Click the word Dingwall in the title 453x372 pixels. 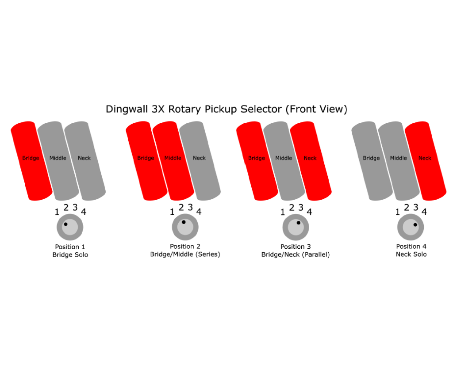point(127,110)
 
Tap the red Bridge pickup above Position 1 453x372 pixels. point(31,161)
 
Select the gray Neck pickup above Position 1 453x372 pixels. point(85,161)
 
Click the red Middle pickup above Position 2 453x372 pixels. point(173,161)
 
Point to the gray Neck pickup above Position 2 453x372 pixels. point(200,161)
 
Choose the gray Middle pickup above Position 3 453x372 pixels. point(284,161)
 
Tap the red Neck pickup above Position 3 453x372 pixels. point(311,161)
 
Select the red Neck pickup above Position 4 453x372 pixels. point(426,161)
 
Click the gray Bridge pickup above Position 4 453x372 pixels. point(372,161)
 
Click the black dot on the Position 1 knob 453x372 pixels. point(65,224)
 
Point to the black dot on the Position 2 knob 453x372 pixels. point(184,222)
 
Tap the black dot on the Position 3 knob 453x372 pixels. point(299,223)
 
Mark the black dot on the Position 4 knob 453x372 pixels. point(415,224)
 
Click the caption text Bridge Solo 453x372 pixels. point(70,255)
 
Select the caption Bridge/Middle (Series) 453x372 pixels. point(185,254)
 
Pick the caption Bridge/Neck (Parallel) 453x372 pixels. point(296,254)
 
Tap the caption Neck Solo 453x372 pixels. point(411,254)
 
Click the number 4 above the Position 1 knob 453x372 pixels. point(84,212)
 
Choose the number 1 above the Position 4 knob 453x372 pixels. point(398,212)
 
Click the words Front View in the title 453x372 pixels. point(316,110)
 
